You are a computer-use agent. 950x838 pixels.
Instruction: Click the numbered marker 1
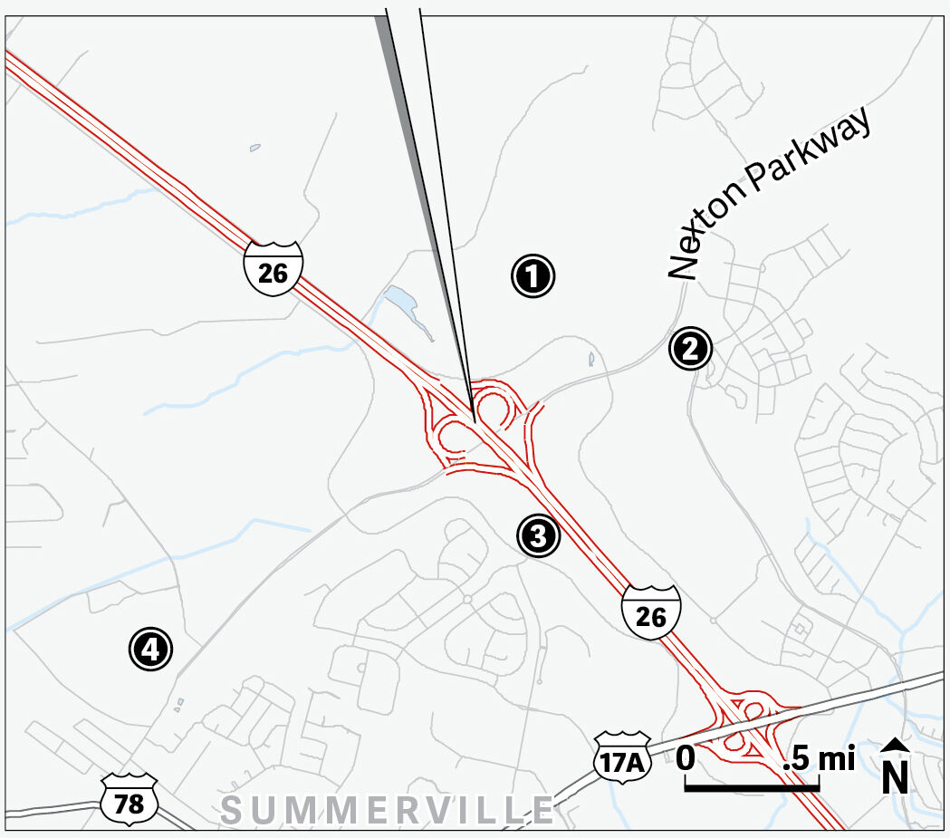pos(533,275)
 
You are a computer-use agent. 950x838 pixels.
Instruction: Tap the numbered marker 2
pos(691,349)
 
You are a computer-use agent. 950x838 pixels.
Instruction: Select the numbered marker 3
pos(539,535)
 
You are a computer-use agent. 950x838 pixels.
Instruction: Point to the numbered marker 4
pos(151,648)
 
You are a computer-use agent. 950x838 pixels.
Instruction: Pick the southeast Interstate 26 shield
pos(651,613)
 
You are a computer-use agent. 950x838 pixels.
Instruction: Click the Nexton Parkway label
pos(772,194)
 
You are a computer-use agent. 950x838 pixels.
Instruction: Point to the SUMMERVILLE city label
pos(388,809)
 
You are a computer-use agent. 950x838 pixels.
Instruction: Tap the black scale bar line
pos(752,788)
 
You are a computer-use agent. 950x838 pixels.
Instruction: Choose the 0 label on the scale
pos(686,757)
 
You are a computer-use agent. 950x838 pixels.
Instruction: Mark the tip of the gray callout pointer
pos(474,421)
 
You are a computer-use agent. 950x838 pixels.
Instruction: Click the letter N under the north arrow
pos(896,777)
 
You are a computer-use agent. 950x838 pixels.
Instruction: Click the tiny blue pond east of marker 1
pos(591,359)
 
